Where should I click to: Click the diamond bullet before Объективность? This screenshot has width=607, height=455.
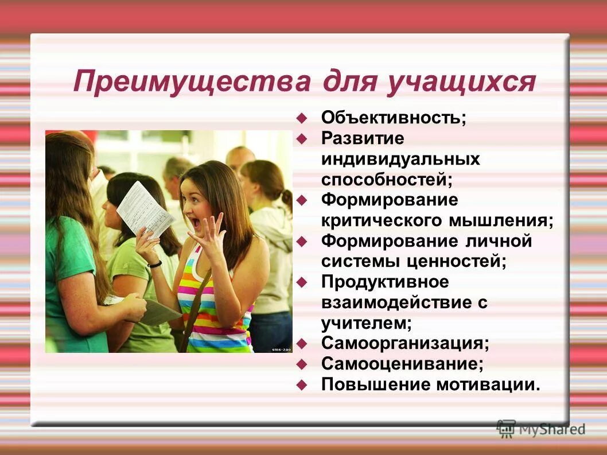pos(302,119)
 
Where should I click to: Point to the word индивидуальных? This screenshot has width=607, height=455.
pos(400,159)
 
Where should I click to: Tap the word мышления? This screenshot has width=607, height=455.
pos(511,220)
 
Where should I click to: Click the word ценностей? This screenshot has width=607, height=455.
pos(458,262)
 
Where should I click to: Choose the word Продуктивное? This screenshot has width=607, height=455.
pos(385,282)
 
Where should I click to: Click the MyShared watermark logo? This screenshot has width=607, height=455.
pos(542,429)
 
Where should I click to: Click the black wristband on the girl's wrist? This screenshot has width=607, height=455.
pos(154,264)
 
